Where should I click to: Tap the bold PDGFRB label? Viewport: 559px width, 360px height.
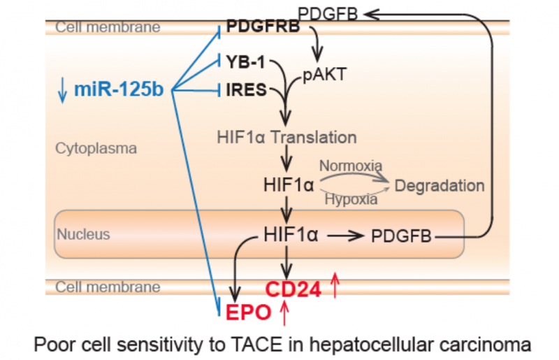coord(263,28)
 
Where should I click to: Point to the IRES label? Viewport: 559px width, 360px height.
coord(247,89)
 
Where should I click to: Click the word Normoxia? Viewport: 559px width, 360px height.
coord(350,166)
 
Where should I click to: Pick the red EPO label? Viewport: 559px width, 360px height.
coord(247,312)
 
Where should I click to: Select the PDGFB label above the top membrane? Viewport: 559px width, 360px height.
coord(329,12)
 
